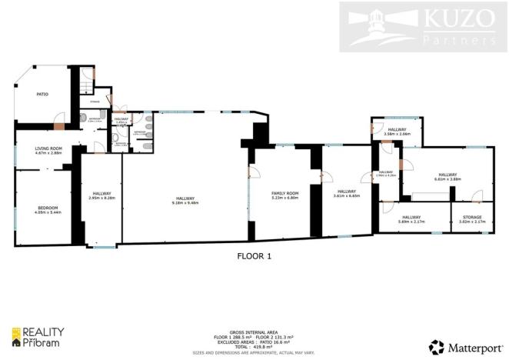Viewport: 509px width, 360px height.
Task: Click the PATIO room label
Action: (x=42, y=95)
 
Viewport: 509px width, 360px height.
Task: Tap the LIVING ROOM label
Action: (x=48, y=151)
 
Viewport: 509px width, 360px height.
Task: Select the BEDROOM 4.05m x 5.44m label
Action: (x=48, y=210)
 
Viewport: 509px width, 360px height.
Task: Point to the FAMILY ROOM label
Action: (x=284, y=195)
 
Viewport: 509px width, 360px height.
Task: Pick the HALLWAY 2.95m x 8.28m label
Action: (x=102, y=195)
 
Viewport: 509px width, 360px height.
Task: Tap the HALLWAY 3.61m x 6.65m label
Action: (x=346, y=193)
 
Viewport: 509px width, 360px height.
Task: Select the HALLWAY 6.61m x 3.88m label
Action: (x=447, y=177)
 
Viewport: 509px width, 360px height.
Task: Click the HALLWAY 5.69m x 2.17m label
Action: (x=411, y=219)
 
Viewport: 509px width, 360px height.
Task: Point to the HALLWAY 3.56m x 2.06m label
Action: (x=397, y=132)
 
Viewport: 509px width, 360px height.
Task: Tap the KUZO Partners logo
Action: (x=420, y=27)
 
